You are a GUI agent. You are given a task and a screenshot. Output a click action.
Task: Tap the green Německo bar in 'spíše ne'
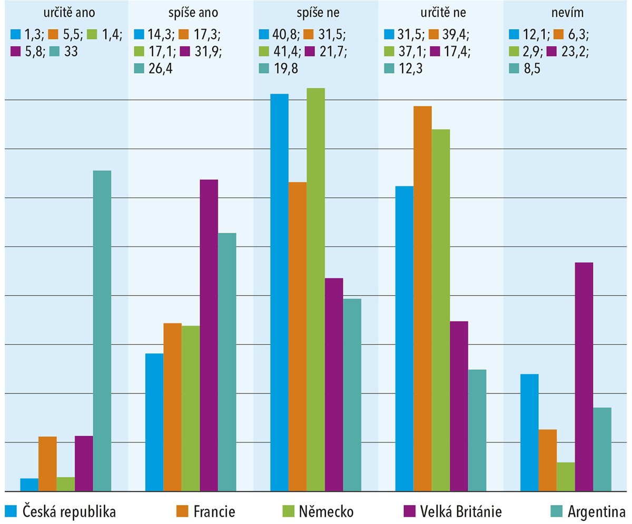coord(316,290)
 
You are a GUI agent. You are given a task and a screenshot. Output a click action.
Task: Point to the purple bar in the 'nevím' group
coord(584,377)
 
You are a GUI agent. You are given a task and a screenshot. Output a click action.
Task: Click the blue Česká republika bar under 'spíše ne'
coord(280,292)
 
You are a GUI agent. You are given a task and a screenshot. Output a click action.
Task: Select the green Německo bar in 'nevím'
coord(566,477)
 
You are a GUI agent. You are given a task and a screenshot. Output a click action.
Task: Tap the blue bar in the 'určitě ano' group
coord(29,485)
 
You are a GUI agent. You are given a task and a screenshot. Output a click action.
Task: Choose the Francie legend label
coord(214,511)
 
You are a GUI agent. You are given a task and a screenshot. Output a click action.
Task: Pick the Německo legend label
coord(327,511)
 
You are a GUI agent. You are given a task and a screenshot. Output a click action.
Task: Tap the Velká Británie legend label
coord(461,511)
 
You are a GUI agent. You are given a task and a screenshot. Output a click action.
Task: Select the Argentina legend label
coord(596,511)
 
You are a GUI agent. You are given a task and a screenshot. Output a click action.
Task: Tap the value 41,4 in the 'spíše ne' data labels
coord(281,51)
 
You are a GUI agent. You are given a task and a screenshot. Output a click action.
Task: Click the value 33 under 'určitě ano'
coord(72,51)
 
